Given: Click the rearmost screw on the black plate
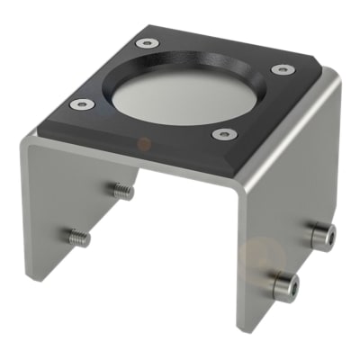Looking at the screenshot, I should (x=145, y=42).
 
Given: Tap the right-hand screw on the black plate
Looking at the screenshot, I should (x=282, y=69).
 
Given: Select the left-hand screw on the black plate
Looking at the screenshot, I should (x=82, y=104).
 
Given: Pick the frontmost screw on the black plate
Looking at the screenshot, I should (x=224, y=134).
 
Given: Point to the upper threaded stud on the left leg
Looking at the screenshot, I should (x=123, y=191).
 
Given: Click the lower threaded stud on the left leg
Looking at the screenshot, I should (x=79, y=238).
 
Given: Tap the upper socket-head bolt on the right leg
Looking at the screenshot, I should (x=323, y=236).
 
